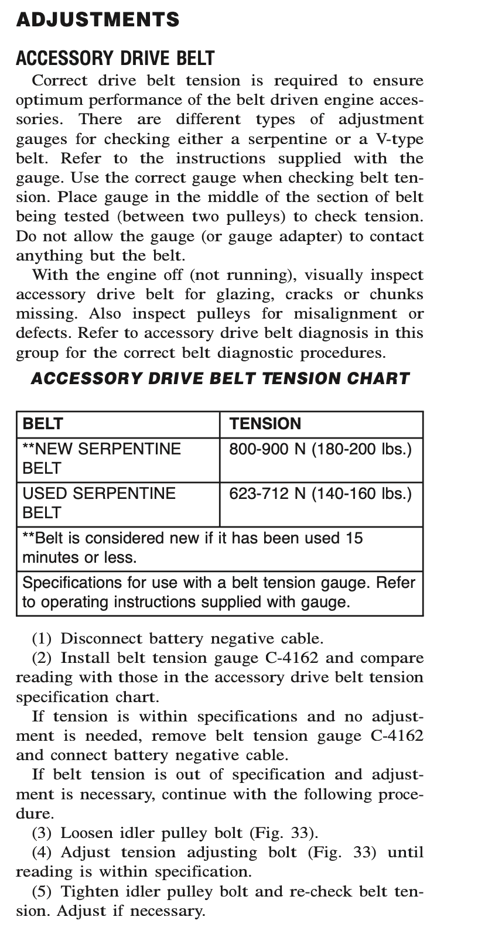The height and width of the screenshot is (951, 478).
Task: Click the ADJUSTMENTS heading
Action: (98, 20)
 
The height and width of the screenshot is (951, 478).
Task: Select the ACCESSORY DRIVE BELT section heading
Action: (115, 58)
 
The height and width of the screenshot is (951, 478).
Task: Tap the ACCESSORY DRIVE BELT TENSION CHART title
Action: (220, 378)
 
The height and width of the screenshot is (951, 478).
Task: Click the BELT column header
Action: (43, 424)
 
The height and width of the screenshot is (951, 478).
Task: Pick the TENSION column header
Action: (265, 424)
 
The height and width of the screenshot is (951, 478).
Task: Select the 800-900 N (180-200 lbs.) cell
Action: (320, 449)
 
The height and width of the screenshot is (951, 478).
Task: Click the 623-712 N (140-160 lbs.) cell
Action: (320, 494)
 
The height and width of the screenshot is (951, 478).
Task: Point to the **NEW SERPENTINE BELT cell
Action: (101, 459)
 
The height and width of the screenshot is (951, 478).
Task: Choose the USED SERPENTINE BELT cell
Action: (98, 503)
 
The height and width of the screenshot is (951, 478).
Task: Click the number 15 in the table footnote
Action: (354, 538)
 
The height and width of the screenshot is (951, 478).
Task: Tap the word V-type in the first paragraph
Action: (399, 139)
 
